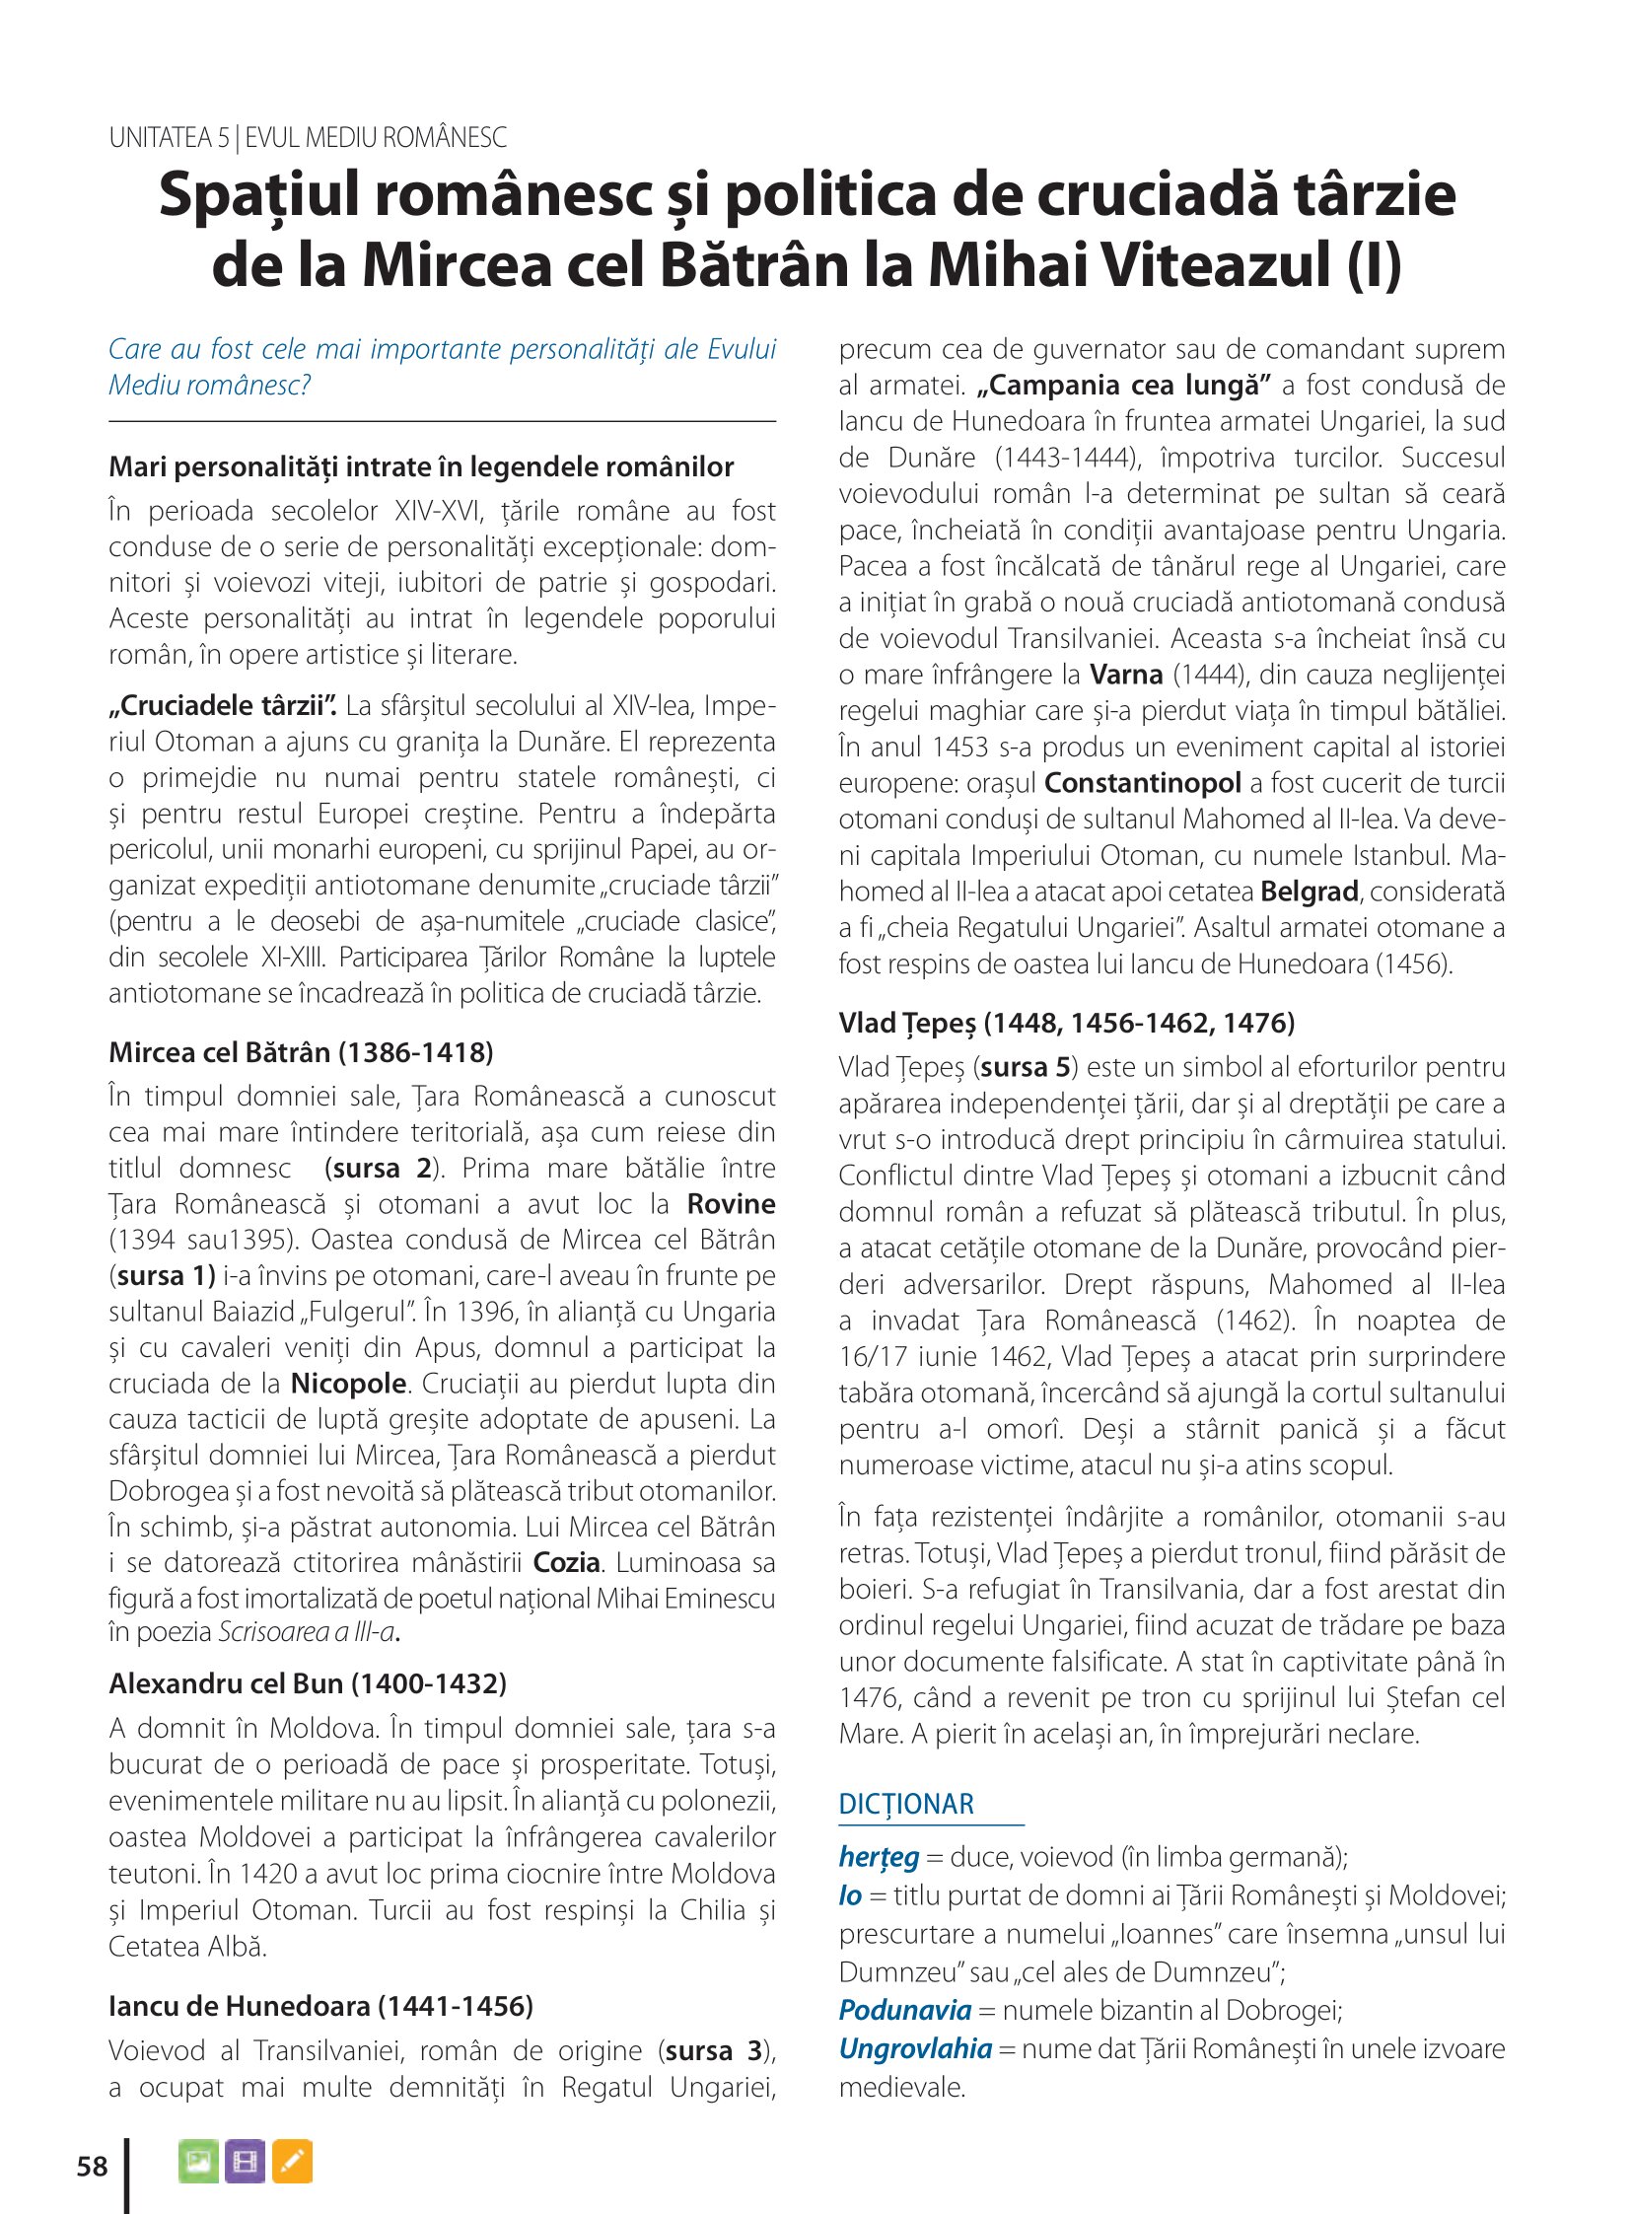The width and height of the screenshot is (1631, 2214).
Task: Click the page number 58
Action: [92, 2166]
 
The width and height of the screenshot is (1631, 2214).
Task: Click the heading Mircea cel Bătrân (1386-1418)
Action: [301, 1051]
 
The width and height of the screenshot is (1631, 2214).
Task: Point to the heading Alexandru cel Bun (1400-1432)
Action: [307, 1682]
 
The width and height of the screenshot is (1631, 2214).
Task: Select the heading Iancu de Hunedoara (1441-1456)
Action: [320, 2006]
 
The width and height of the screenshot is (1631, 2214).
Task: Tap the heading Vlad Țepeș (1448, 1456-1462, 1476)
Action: [1066, 1022]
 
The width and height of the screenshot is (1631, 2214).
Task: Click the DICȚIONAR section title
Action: [905, 1804]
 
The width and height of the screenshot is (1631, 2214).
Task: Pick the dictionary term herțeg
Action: [879, 1857]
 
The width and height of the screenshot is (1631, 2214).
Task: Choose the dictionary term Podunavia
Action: [904, 2010]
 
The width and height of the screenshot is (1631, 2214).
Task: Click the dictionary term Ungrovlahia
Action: [914, 2048]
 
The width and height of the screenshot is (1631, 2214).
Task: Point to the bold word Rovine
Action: [731, 1204]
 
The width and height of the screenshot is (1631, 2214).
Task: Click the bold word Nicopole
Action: [348, 1383]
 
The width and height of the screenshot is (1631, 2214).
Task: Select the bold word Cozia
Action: [567, 1562]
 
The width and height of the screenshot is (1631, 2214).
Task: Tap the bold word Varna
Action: [1125, 675]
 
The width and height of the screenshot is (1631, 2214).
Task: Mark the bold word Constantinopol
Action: [1142, 783]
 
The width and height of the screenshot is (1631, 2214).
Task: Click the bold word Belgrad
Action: [1310, 892]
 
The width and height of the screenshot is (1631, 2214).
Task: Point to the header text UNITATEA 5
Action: [169, 137]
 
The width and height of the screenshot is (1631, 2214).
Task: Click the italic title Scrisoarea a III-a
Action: [305, 1631]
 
